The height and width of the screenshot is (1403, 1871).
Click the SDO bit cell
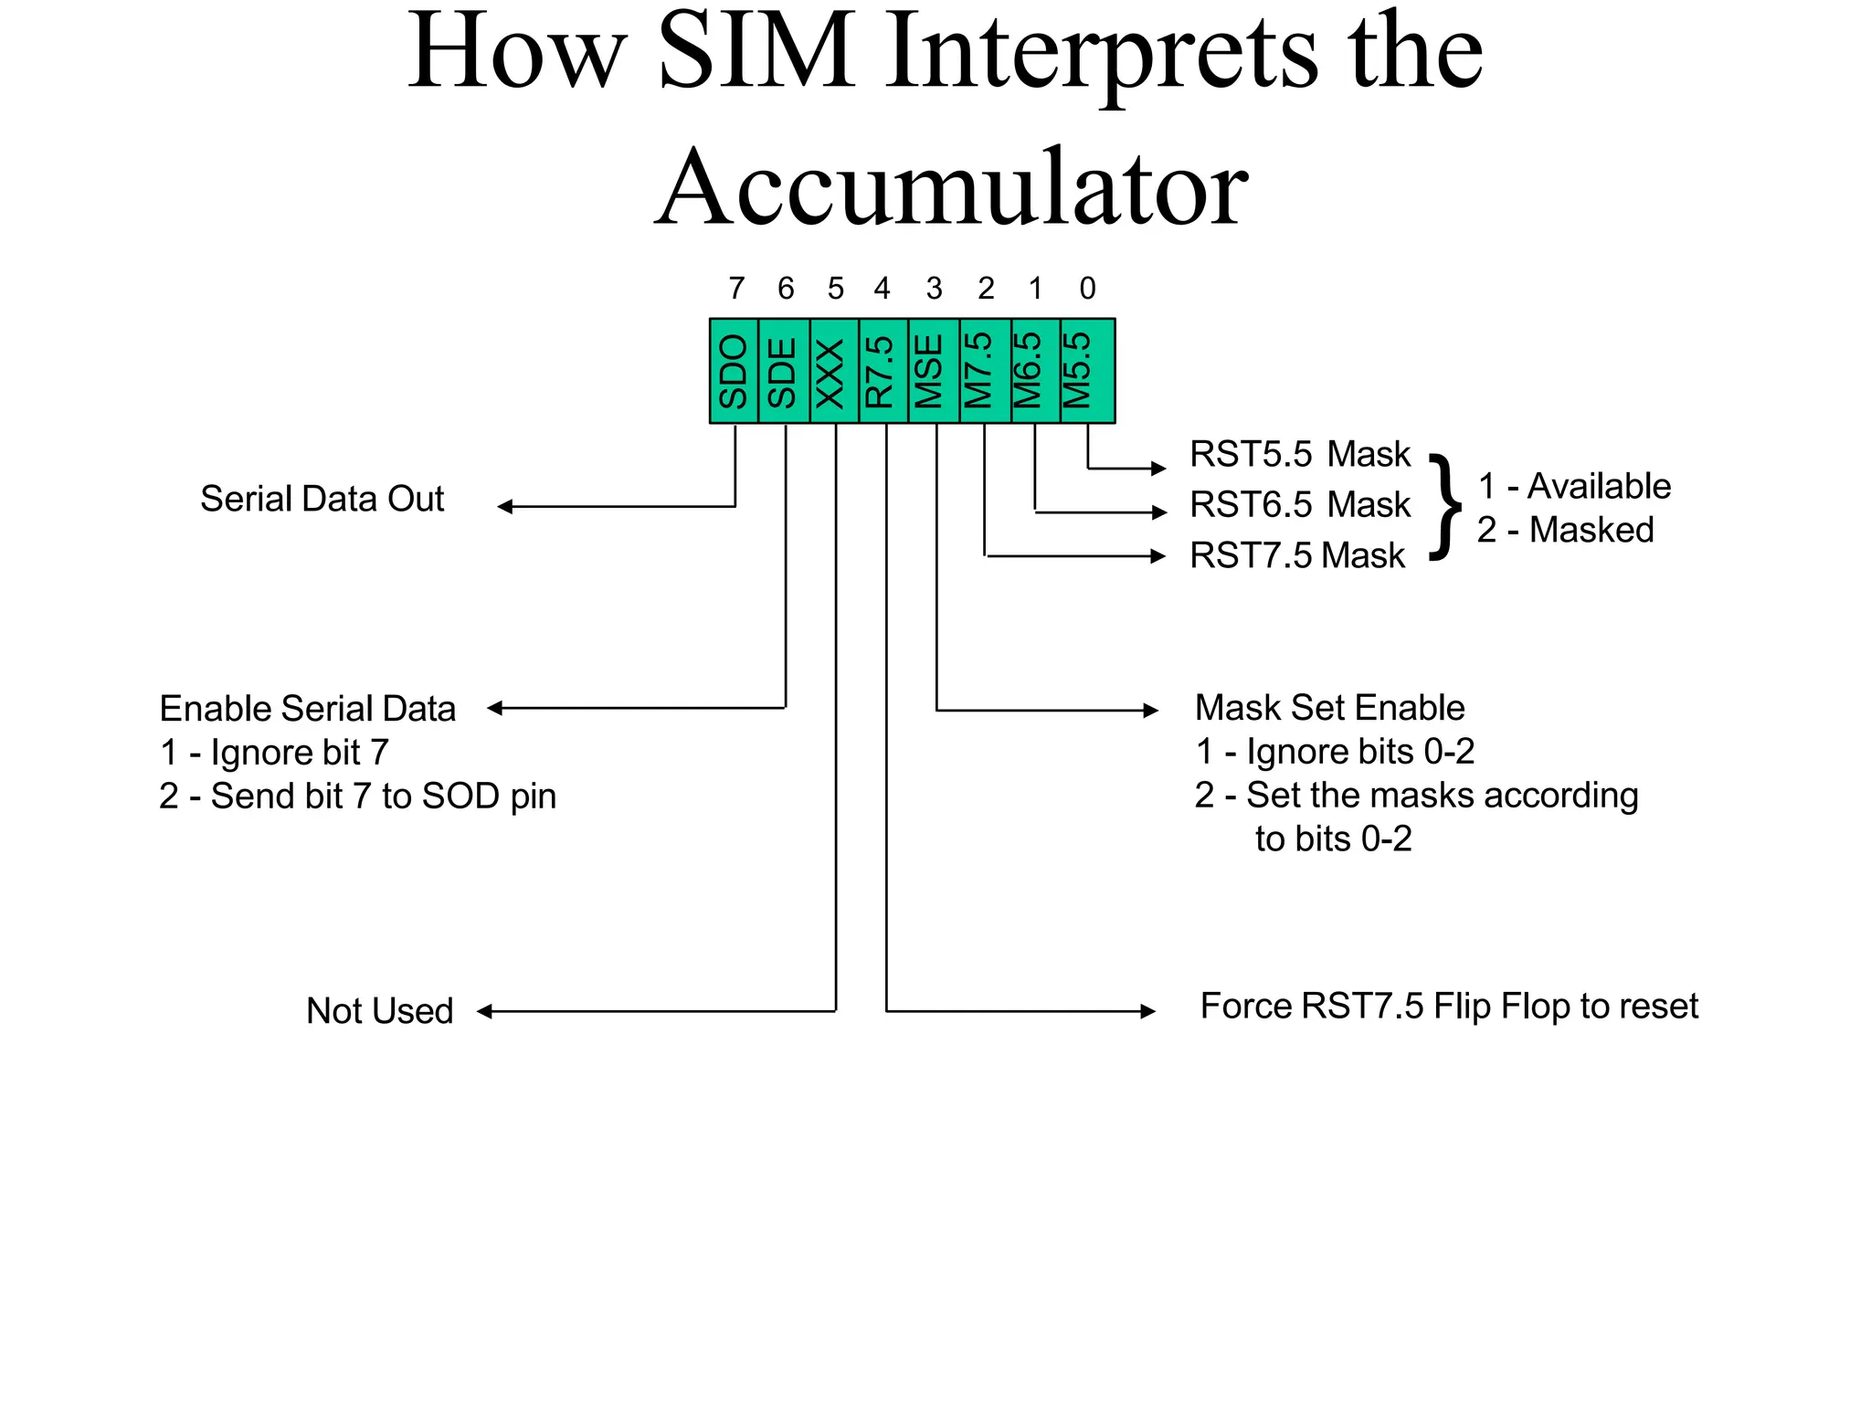(x=734, y=371)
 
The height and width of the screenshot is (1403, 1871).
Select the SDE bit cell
(x=784, y=371)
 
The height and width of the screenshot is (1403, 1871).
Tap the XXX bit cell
(x=834, y=371)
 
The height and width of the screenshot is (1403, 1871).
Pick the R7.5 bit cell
(x=883, y=371)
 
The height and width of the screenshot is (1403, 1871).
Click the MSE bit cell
(x=934, y=371)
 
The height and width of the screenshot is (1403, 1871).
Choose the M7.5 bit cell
(x=985, y=371)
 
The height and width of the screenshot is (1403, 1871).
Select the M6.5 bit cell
(x=1035, y=371)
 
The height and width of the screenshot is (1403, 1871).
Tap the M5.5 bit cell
(x=1086, y=371)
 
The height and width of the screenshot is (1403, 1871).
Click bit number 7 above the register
(x=736, y=289)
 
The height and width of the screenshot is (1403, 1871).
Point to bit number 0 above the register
(x=1087, y=289)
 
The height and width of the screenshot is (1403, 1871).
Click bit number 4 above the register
(x=882, y=289)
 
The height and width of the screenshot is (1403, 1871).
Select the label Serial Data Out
(x=322, y=499)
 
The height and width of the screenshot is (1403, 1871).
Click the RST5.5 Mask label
(x=1299, y=454)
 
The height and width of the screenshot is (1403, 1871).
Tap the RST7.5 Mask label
(x=1296, y=555)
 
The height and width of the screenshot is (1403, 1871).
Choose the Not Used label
(x=380, y=1011)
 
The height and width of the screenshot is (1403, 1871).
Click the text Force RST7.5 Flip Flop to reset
(x=1449, y=1006)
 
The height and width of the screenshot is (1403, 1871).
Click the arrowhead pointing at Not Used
(x=485, y=1011)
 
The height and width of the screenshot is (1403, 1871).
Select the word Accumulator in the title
(x=951, y=187)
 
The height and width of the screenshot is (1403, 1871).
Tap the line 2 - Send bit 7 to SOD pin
(x=357, y=796)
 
